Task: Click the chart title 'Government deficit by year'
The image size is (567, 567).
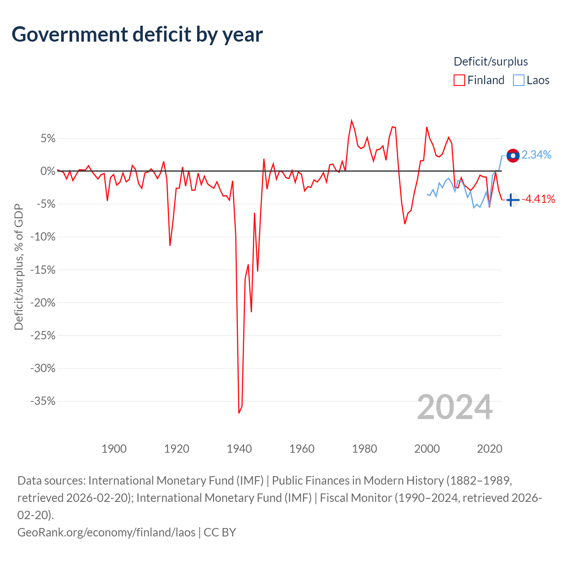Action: click(x=137, y=35)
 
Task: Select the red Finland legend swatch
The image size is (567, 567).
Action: click(x=459, y=80)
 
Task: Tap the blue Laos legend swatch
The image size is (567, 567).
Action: click(x=518, y=80)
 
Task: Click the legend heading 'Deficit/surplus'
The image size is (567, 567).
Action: click(x=490, y=62)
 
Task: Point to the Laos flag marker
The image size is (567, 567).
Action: click(x=513, y=155)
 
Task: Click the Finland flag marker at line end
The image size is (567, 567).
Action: click(x=513, y=200)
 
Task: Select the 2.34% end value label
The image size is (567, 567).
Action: click(x=536, y=155)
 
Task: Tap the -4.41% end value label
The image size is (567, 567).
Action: click(x=538, y=199)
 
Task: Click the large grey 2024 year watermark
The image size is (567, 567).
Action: click(x=454, y=407)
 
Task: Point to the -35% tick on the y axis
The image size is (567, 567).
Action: click(x=43, y=401)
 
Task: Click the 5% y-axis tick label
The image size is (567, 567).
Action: click(x=48, y=138)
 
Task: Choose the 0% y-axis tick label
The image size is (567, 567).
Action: click(x=48, y=171)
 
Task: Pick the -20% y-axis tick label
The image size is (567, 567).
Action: click(x=43, y=303)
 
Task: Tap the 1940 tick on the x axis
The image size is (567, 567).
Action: click(x=239, y=449)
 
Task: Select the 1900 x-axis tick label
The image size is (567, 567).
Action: click(x=114, y=449)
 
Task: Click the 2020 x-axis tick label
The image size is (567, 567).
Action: click(x=489, y=449)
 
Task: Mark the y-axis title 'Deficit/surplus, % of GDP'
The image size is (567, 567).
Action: click(x=19, y=267)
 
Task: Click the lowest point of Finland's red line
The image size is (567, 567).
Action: click(x=239, y=413)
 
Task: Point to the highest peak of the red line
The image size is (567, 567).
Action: click(x=351, y=120)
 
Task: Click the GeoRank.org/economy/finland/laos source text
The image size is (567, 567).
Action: click(x=106, y=532)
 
